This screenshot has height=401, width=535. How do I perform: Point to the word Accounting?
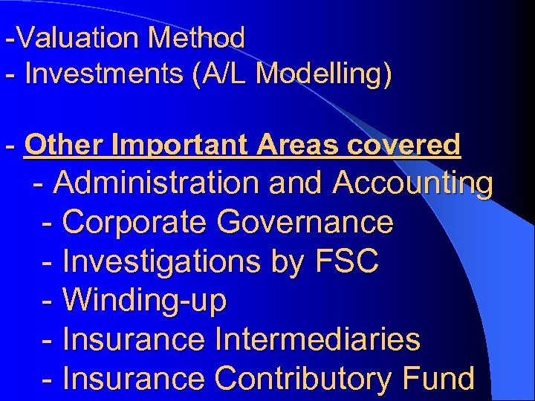click(412, 183)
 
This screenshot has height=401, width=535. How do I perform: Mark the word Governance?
click(305, 222)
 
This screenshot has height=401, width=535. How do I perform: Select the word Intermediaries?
click(317, 340)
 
